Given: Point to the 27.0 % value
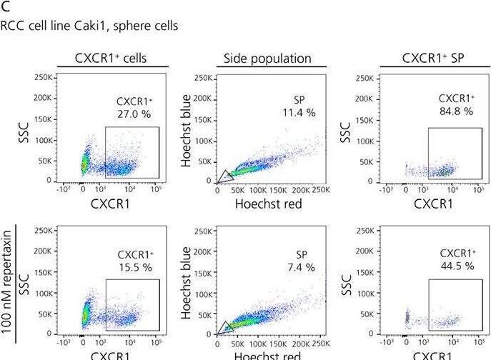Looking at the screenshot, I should point(132,113).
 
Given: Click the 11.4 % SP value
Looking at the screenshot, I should point(299,113).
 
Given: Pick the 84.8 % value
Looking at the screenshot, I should point(456,111).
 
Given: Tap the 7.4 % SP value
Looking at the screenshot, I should point(299,267).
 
